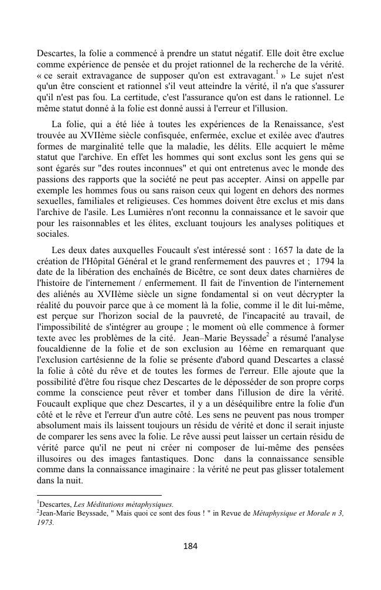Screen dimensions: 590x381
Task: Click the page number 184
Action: [x=190, y=546]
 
